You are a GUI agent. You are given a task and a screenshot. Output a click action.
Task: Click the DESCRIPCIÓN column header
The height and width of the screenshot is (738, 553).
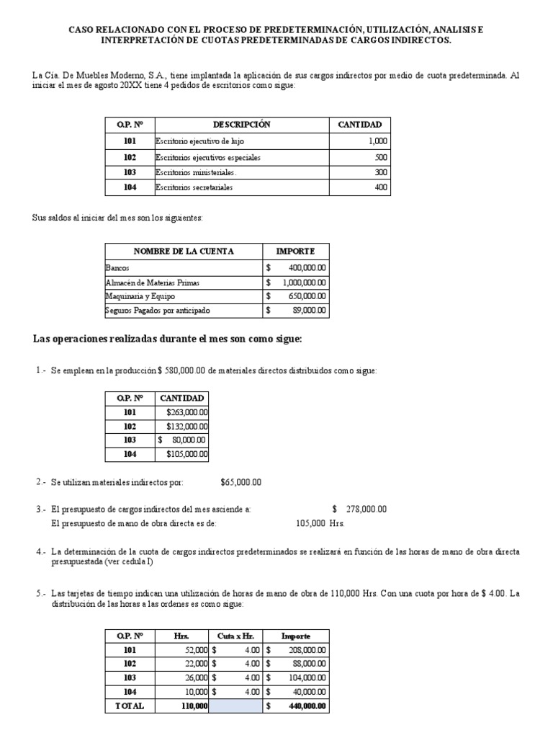(241, 125)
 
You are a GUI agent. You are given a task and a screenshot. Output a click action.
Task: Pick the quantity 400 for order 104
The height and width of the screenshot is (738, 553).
(380, 188)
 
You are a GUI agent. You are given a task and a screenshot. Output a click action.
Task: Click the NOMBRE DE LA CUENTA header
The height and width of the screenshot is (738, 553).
(184, 252)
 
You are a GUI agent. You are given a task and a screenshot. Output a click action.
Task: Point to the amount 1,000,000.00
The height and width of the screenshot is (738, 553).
(302, 283)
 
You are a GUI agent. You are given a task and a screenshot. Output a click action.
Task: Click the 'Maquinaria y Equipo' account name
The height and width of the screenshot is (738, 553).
(140, 296)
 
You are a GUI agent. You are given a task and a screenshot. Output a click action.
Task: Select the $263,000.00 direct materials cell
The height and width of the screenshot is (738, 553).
(186, 412)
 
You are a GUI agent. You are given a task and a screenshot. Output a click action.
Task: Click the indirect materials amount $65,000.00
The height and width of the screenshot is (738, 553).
(240, 482)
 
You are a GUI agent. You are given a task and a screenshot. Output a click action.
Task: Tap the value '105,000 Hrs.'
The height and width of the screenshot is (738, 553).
(320, 523)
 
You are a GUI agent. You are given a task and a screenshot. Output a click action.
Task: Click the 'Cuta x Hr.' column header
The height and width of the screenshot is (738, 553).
(235, 636)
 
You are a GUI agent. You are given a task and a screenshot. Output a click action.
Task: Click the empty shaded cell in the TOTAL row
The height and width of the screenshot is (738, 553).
(235, 706)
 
